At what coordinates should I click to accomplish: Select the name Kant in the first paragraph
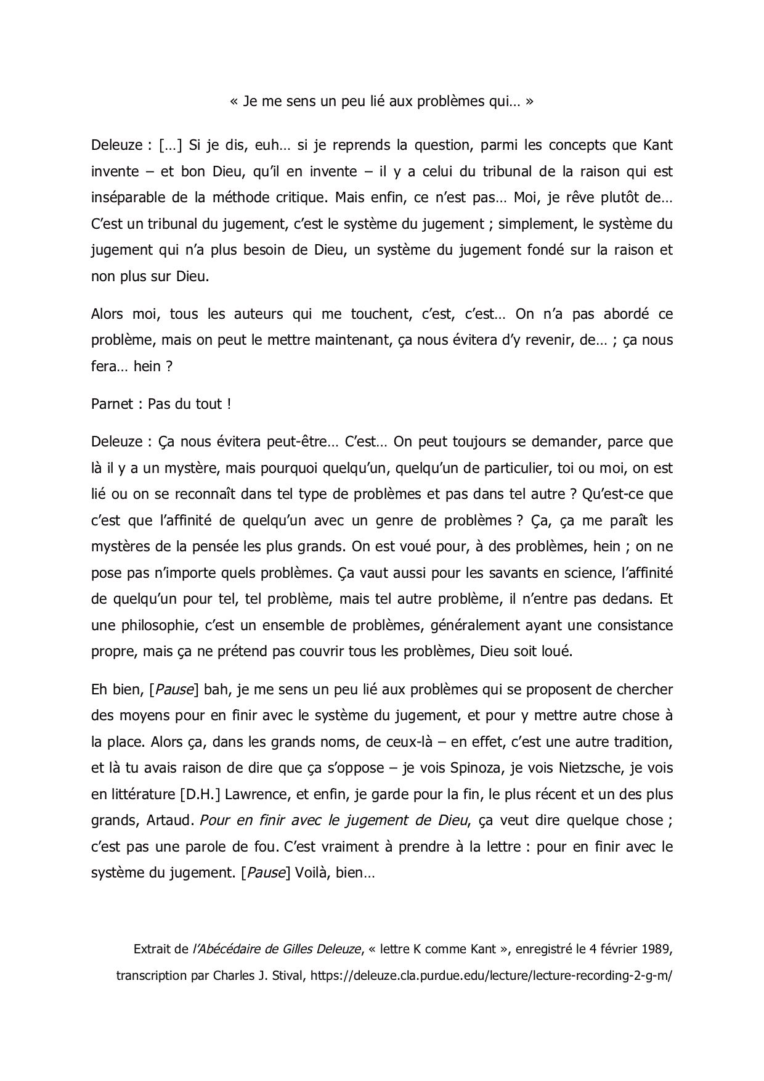(x=657, y=146)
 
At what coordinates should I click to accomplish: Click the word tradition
(x=644, y=741)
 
